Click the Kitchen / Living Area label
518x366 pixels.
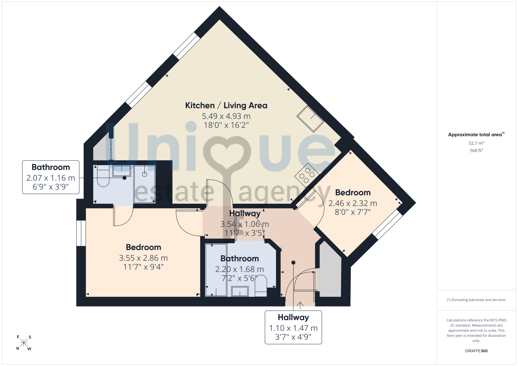pos(226,106)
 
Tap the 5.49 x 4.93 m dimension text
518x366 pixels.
pos(226,116)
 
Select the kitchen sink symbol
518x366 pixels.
pos(310,119)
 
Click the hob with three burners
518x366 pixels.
pos(307,175)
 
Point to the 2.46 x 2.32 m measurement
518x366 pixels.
pos(353,203)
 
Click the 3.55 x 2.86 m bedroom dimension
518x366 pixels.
pos(143,258)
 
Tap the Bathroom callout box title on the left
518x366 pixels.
pos(51,167)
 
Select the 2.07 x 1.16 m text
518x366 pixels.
pos(51,178)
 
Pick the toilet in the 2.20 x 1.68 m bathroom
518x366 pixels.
pos(261,286)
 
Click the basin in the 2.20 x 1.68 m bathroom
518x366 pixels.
pos(240,291)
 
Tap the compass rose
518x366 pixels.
pos(24,343)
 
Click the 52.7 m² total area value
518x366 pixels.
pos(476,143)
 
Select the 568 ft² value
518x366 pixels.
pos(476,150)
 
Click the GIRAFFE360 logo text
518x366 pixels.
pos(476,351)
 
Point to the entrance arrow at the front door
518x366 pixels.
pos(300,305)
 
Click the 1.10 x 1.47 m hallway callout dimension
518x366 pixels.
pos(293,328)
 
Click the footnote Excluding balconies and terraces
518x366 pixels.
pos(476,300)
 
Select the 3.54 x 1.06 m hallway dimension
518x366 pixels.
pos(245,224)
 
